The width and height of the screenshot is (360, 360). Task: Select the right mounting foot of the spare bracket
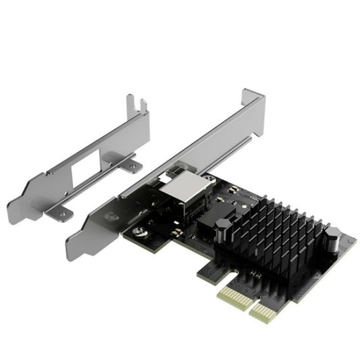(x=129, y=162)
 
